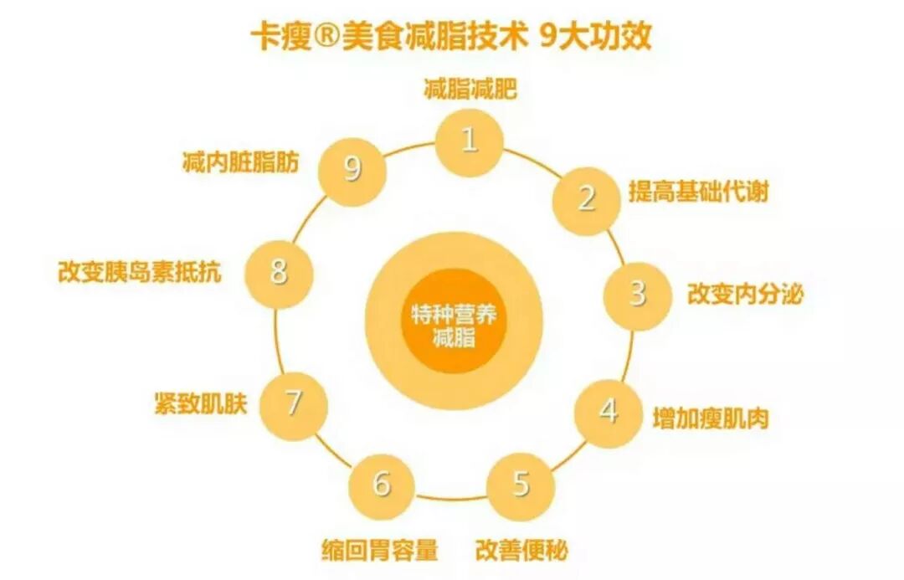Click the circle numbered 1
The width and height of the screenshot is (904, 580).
[470, 141]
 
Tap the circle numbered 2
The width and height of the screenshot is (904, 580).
[587, 199]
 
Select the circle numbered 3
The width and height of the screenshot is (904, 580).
[638, 295]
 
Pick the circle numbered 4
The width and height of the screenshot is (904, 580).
[609, 412]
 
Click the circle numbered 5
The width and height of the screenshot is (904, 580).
[521, 485]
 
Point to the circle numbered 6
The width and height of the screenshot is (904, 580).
[382, 485]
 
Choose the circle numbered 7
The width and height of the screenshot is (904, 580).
[293, 404]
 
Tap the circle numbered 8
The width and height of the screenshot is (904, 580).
[279, 272]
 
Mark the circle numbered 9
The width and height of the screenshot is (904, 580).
[353, 170]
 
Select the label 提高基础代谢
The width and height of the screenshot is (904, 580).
[698, 192]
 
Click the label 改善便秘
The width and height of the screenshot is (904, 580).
[522, 551]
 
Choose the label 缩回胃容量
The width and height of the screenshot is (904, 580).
[380, 551]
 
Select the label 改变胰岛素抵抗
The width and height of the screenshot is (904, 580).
[141, 272]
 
